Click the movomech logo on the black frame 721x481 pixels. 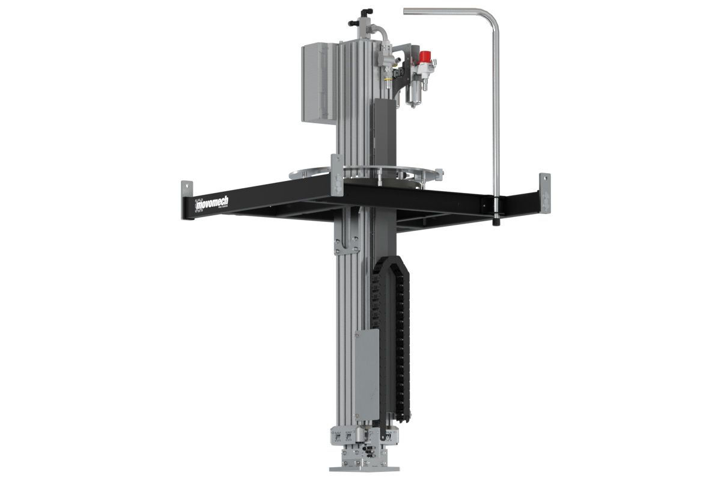(x=212, y=204)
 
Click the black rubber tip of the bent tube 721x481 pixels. (x=496, y=220)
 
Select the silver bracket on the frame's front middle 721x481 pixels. (x=337, y=174)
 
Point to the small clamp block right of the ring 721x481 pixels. (x=439, y=174)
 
